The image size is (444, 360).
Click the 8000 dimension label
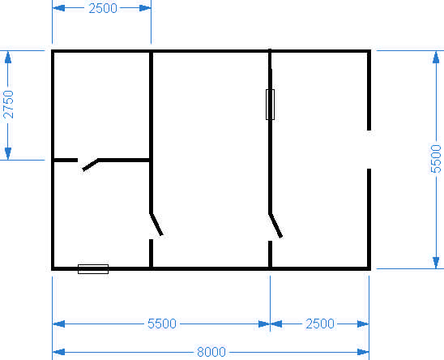[x=211, y=352]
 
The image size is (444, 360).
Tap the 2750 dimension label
[x=8, y=105]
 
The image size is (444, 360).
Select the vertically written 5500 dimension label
[x=436, y=159]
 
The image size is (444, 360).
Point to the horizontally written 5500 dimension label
[x=162, y=324]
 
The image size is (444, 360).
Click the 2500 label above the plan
[x=103, y=8]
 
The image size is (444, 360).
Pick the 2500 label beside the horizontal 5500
[x=320, y=324]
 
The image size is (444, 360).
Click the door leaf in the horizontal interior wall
[x=90, y=165]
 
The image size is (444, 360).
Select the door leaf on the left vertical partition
[x=156, y=225]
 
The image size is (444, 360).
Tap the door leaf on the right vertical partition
[x=275, y=225]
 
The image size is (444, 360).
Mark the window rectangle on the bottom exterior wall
[x=93, y=269]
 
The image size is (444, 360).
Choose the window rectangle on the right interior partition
[x=270, y=105]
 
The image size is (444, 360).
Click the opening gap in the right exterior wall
[x=369, y=150]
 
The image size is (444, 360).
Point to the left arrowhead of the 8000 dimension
[x=58, y=352]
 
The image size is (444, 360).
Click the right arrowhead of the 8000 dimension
[x=363, y=352]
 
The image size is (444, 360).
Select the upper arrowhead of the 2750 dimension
[x=8, y=58]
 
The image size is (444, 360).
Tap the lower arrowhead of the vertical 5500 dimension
[x=436, y=263]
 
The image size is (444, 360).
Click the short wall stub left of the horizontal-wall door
[x=66, y=161]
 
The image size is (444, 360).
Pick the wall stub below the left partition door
[x=152, y=253]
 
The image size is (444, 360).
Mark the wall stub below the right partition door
[x=270, y=254]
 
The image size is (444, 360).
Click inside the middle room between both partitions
[x=211, y=159]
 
